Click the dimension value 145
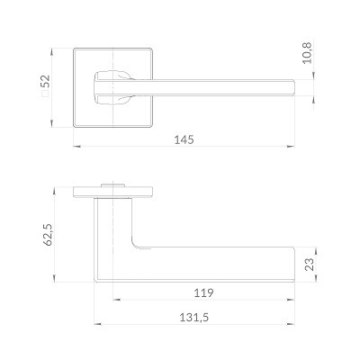coord(184,139)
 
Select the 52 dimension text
coord(46,81)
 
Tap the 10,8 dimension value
coord(307,53)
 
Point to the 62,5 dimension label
coord(49,235)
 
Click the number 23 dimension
coord(310,265)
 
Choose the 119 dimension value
coord(203,292)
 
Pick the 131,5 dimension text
coord(193,317)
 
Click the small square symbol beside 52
coord(45,94)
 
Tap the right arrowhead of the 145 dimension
coord(290,147)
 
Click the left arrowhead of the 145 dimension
coord(77,147)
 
